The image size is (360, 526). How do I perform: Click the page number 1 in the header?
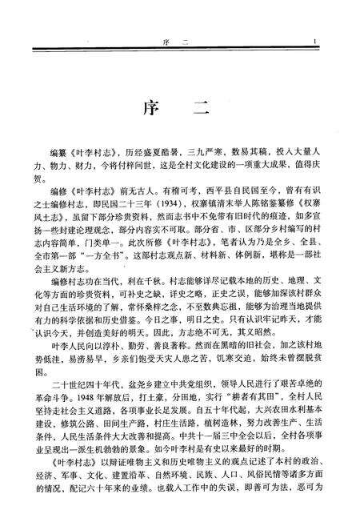point(318,44)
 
